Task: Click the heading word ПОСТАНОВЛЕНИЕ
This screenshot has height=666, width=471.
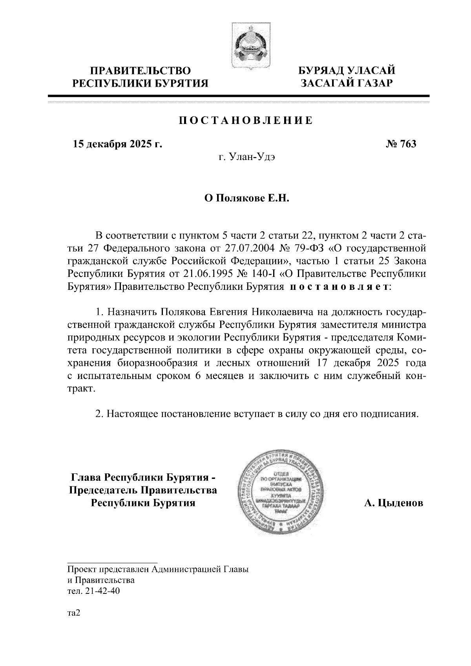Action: pos(246,120)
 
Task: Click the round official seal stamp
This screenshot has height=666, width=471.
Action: pos(281,494)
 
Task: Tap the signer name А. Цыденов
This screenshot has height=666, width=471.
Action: pos(394,503)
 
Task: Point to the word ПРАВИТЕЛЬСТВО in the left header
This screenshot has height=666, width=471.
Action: pos(141,71)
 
